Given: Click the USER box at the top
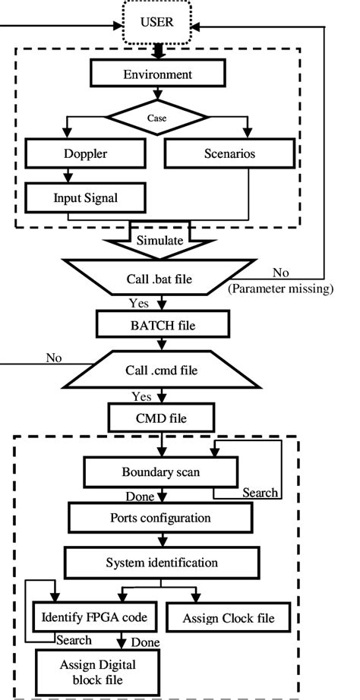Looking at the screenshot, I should tap(157, 22).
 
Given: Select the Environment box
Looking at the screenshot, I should tap(157, 74).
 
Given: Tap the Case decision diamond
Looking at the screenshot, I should tap(158, 118).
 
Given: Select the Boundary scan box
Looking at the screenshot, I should tap(157, 472).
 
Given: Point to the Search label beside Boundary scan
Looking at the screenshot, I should tap(260, 493).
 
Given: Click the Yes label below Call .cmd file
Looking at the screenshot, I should tap(141, 396).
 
